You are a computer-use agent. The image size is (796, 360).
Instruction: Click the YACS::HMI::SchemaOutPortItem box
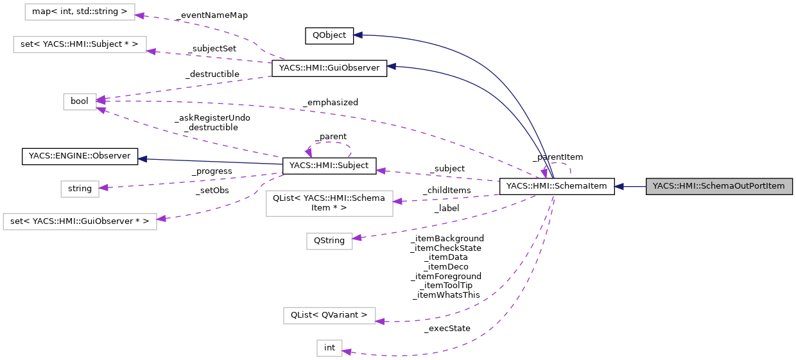click(x=719, y=187)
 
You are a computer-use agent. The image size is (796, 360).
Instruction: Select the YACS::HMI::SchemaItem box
click(x=557, y=187)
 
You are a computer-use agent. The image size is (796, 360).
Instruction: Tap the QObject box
click(x=329, y=35)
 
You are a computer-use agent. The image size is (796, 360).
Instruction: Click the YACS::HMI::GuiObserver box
click(x=329, y=68)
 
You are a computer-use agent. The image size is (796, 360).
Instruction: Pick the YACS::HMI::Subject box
click(x=329, y=166)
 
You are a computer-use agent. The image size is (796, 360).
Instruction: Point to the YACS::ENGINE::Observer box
click(x=80, y=157)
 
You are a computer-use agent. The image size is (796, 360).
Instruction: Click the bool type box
click(x=80, y=101)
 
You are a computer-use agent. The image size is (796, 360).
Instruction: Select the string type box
click(x=80, y=189)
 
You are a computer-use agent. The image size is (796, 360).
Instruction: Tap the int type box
click(x=329, y=348)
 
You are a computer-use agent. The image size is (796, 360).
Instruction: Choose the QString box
click(x=329, y=241)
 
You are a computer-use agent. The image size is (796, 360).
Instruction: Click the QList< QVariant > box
click(x=329, y=315)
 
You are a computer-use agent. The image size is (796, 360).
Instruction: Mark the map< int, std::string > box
click(x=80, y=11)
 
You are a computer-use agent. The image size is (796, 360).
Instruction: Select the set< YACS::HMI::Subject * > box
click(x=80, y=44)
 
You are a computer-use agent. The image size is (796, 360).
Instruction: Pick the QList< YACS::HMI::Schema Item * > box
click(x=329, y=203)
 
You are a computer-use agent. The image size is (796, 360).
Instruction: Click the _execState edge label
click(x=447, y=329)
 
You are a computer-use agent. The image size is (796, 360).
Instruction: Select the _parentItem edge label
click(x=558, y=157)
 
